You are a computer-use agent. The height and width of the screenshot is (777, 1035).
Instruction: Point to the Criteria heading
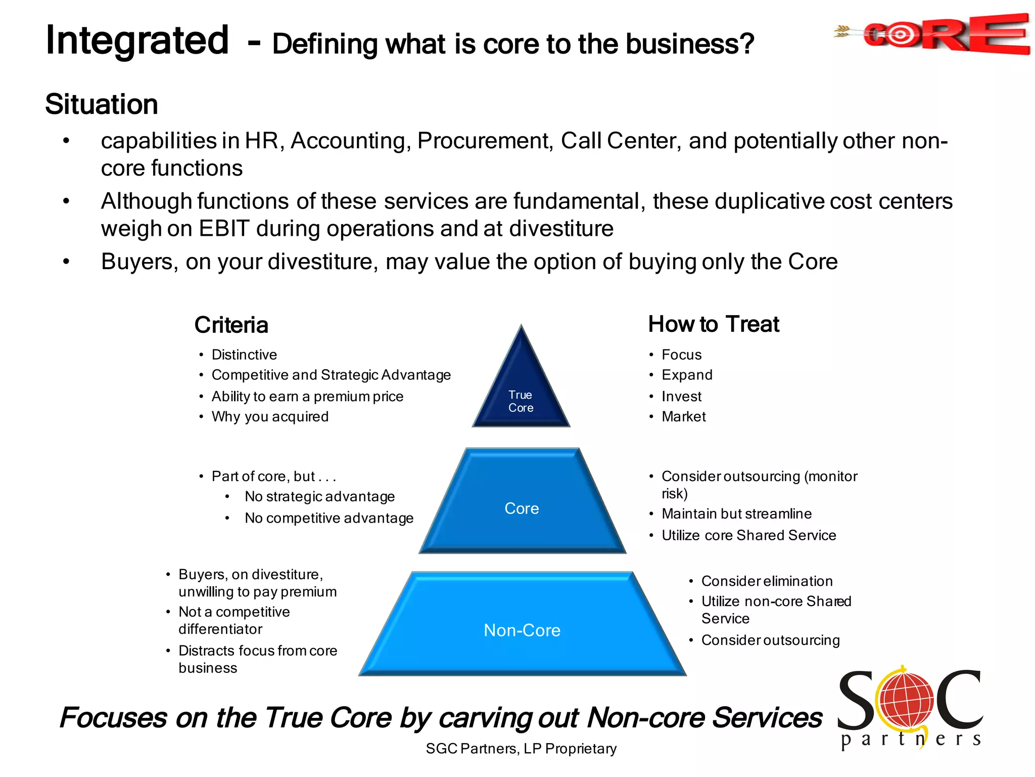(x=231, y=325)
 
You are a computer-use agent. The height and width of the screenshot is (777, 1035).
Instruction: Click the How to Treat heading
(x=714, y=324)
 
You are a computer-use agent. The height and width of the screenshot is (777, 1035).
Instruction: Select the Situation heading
(x=102, y=104)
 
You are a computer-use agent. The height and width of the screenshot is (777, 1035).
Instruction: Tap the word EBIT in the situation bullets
(x=224, y=229)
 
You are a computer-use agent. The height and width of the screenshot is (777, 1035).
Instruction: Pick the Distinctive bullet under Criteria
(x=244, y=355)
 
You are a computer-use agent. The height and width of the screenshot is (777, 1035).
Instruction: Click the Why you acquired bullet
(x=270, y=417)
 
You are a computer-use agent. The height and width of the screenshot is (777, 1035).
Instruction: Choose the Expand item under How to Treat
(x=687, y=375)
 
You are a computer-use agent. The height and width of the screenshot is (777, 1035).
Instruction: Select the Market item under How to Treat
(x=683, y=417)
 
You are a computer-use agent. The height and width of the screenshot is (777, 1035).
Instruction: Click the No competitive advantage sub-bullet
(x=329, y=519)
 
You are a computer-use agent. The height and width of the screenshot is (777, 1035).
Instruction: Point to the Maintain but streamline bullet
(x=736, y=514)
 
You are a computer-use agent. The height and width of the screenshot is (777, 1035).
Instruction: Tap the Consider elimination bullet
(x=767, y=581)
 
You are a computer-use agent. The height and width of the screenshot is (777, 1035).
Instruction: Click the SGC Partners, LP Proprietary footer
(x=521, y=749)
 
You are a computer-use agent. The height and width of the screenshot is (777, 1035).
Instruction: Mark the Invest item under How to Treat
(x=681, y=397)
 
